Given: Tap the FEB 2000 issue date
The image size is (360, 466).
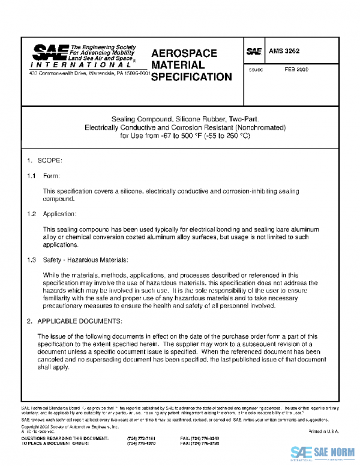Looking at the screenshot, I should (x=296, y=70).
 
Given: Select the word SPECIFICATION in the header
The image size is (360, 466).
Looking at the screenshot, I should (x=191, y=77).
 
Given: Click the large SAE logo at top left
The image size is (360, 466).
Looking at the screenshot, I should (x=50, y=52).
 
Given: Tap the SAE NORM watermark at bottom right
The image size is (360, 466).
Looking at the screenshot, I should (x=323, y=452).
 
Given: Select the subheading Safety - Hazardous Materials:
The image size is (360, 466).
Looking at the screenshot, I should (x=86, y=260).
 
